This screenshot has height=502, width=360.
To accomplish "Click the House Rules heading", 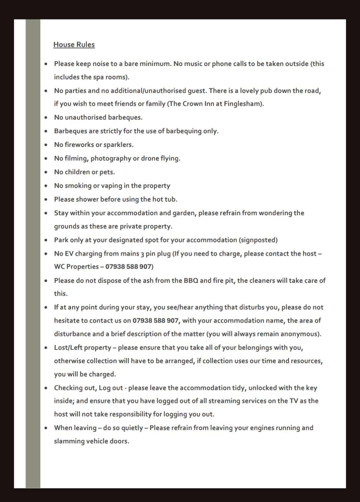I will tap(74, 45).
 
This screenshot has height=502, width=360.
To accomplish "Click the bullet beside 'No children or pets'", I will tap(46, 172).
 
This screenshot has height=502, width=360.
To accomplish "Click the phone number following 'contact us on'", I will tap(156, 320).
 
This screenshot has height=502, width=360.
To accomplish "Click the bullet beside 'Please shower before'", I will tap(46, 200).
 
